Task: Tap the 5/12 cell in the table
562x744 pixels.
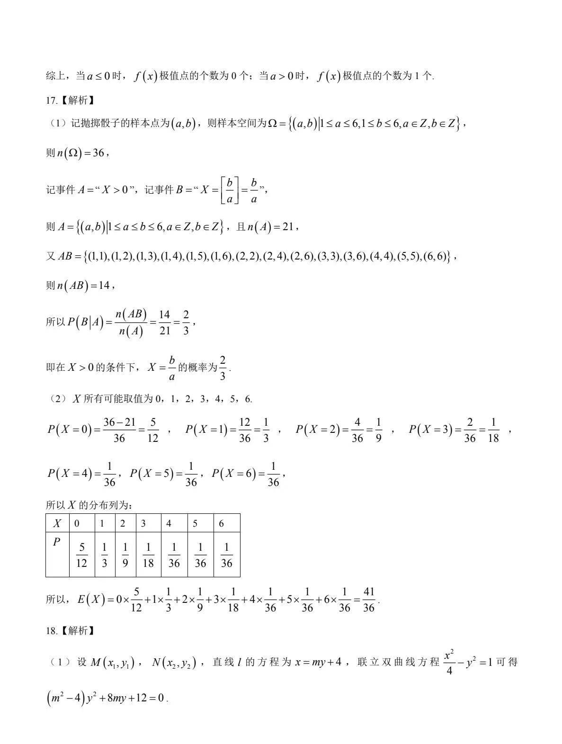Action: click(81, 555)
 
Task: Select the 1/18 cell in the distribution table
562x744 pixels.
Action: click(148, 555)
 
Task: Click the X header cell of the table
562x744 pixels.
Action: click(57, 523)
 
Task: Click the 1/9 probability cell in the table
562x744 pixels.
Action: click(125, 555)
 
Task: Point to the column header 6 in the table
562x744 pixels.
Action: click(221, 523)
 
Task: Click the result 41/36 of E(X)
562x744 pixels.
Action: click(369, 600)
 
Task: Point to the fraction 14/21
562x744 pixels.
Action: click(164, 323)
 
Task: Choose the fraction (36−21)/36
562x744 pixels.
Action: click(119, 430)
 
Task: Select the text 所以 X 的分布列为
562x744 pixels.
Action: click(89, 505)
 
